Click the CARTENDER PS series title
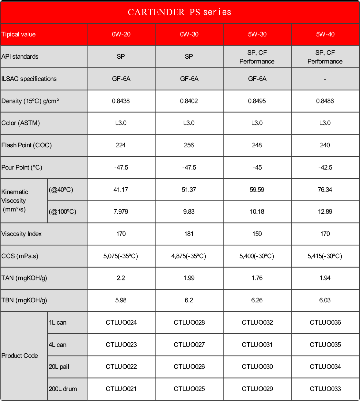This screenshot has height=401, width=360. (x=180, y=12)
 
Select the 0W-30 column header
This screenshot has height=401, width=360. (x=189, y=34)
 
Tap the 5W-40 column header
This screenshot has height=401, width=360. (x=325, y=34)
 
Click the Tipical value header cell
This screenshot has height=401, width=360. (x=19, y=34)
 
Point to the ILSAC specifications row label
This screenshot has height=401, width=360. (x=29, y=79)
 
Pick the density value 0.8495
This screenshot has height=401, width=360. (x=257, y=101)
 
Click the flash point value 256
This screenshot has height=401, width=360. (x=189, y=145)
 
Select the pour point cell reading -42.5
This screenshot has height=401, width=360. (x=325, y=167)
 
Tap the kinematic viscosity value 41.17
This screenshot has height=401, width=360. (x=121, y=190)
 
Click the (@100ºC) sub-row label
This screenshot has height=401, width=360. (x=63, y=212)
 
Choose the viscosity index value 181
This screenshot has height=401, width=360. (x=189, y=234)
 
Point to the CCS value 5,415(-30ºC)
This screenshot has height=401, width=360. (x=325, y=256)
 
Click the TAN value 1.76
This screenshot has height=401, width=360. (x=257, y=278)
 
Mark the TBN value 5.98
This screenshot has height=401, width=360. (x=121, y=300)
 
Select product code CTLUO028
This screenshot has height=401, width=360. (x=189, y=322)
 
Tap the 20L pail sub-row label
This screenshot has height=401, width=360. (x=59, y=367)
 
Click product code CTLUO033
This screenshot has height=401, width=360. (x=325, y=389)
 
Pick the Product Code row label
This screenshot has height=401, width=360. (x=20, y=356)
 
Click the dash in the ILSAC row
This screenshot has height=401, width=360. (x=325, y=79)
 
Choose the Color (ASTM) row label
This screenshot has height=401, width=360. (x=21, y=123)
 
